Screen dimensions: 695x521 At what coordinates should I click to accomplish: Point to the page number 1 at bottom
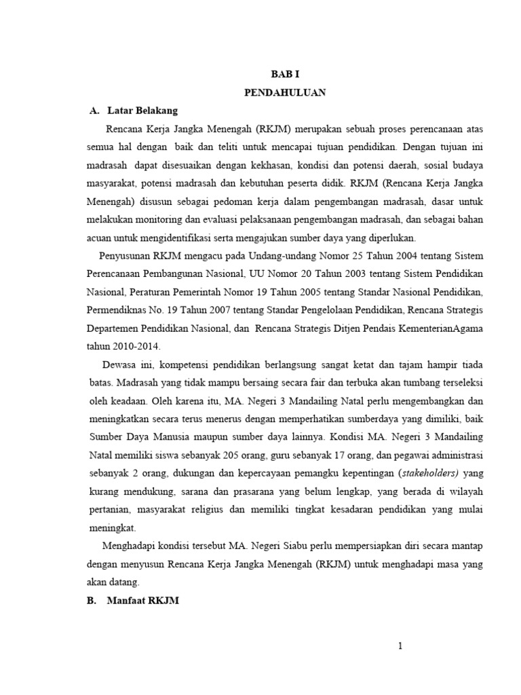pos(401,646)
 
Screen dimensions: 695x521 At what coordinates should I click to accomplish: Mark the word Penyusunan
pos(124,256)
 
